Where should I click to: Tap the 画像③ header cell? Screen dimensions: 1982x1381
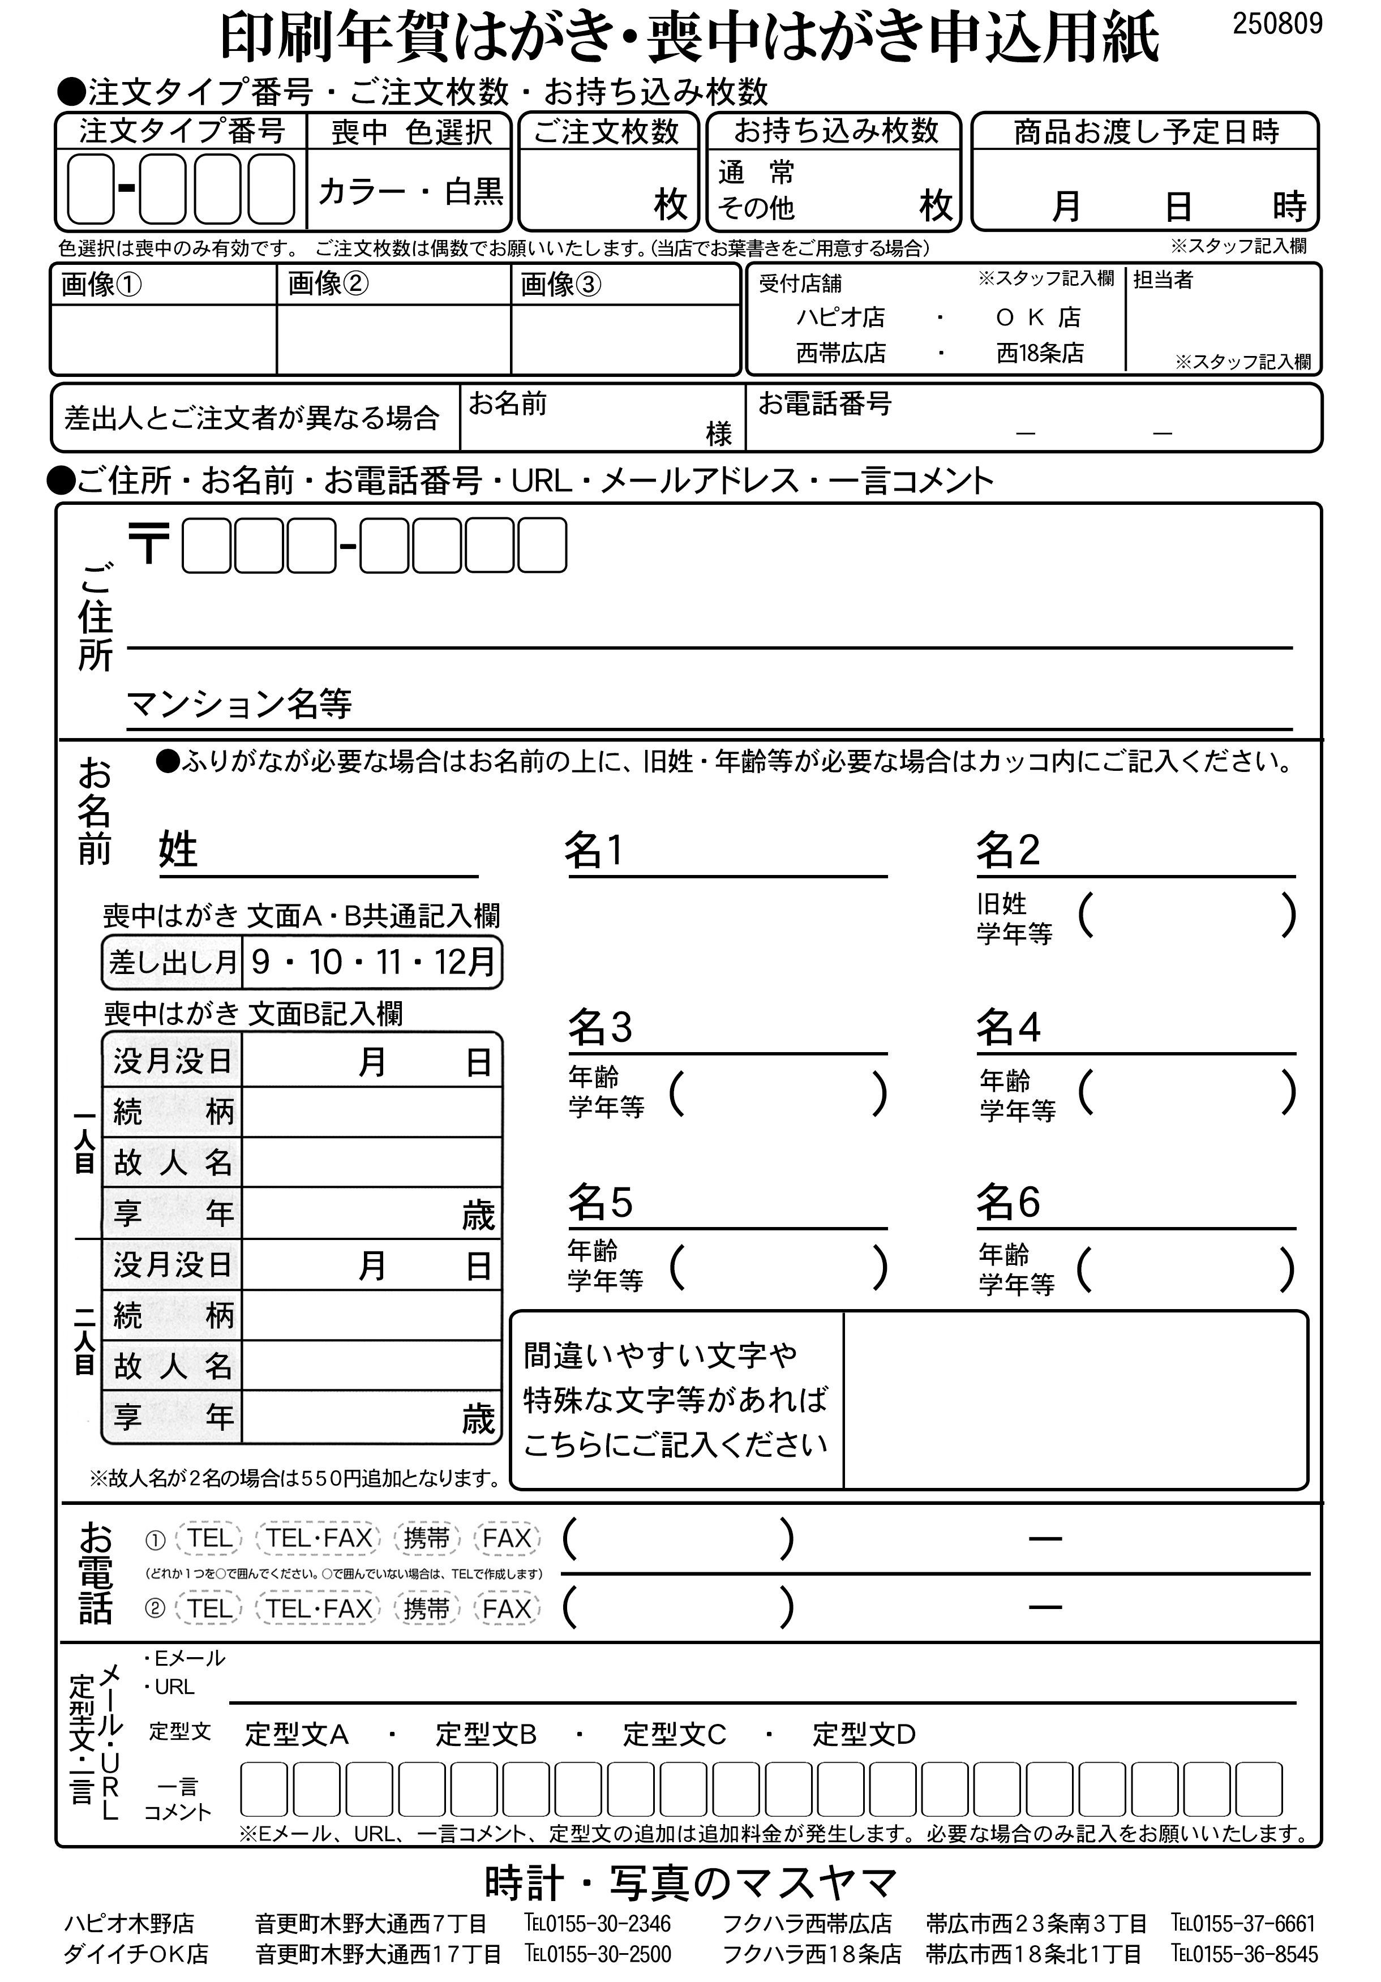560,284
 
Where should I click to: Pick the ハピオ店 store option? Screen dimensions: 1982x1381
840,318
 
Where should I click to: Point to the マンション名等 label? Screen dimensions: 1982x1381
239,703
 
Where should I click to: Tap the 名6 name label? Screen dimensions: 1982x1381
1007,1202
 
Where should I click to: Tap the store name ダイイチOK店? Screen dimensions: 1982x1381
135,1954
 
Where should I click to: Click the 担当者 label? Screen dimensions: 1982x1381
1162,280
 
